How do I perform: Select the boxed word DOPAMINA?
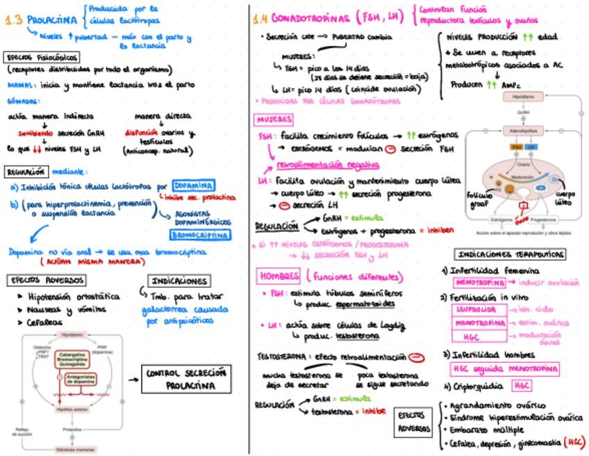coord(194,186)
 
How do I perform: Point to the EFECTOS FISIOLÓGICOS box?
coord(42,57)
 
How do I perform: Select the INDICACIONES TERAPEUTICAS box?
coord(509,254)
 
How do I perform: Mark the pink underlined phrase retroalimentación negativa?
coord(328,165)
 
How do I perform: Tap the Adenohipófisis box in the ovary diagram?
coord(524,130)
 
